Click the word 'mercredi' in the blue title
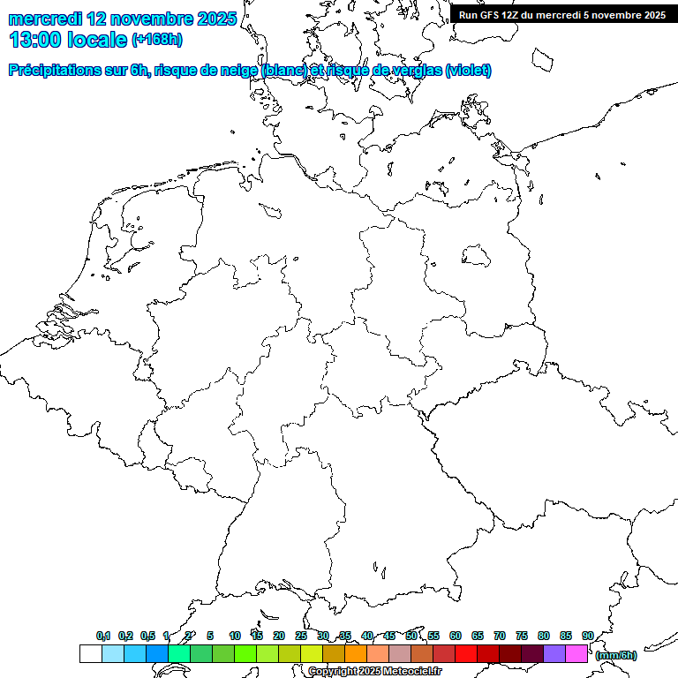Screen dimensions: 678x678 pyautogui.click(x=45, y=19)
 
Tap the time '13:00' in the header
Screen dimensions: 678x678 pyautogui.click(x=34, y=39)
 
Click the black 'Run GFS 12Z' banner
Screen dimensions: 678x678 pyautogui.click(x=562, y=14)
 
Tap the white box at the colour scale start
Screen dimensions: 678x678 pyautogui.click(x=91, y=653)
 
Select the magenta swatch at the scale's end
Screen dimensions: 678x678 pyautogui.click(x=576, y=653)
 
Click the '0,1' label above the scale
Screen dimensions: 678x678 pyautogui.click(x=103, y=636)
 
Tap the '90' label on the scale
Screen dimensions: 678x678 pyautogui.click(x=588, y=636)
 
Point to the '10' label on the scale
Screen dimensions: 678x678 pyautogui.click(x=235, y=636)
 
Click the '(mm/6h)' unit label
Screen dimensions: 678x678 pyautogui.click(x=616, y=655)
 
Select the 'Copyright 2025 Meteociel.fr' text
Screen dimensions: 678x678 pyautogui.click(x=374, y=672)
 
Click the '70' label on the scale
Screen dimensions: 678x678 pyautogui.click(x=500, y=636)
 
